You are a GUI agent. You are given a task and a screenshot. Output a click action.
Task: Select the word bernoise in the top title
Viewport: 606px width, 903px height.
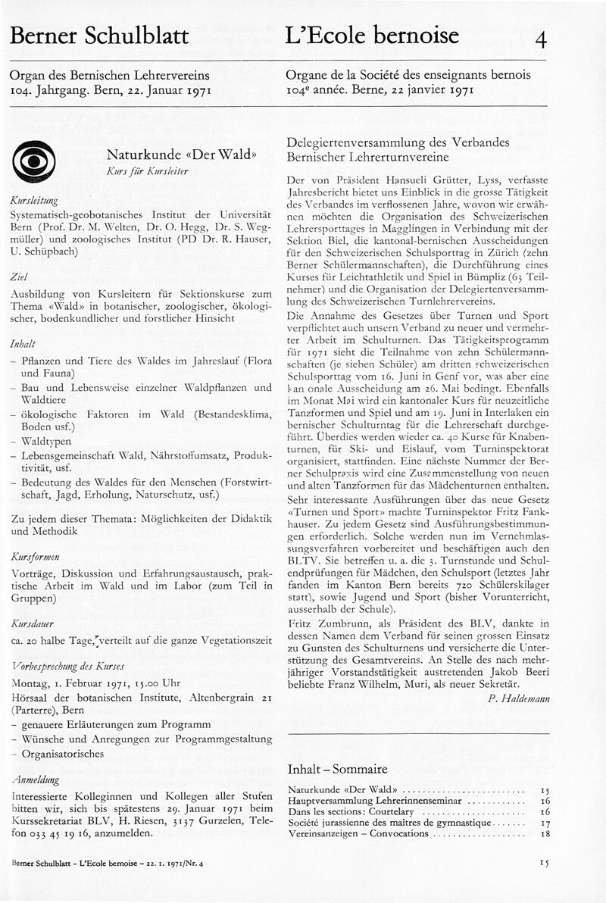414,35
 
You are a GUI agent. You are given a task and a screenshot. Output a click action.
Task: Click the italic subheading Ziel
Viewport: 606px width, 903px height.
18,277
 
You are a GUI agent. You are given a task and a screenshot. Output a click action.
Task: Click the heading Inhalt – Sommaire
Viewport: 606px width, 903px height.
338,769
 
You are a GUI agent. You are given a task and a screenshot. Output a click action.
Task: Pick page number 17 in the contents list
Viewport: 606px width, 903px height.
545,821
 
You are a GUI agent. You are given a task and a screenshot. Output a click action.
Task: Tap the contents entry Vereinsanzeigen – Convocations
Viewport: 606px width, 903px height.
358,833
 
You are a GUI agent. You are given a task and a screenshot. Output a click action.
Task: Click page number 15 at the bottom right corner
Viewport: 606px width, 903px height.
545,862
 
